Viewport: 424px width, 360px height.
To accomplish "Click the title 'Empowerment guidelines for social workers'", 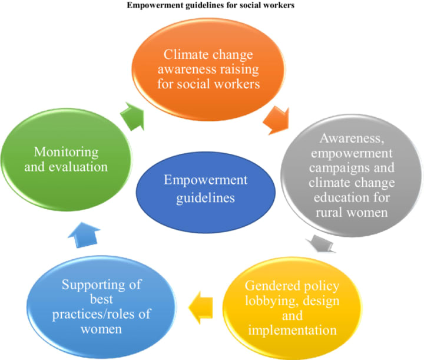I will (211, 6).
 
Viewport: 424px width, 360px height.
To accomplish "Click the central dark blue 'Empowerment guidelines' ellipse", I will (205, 189).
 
